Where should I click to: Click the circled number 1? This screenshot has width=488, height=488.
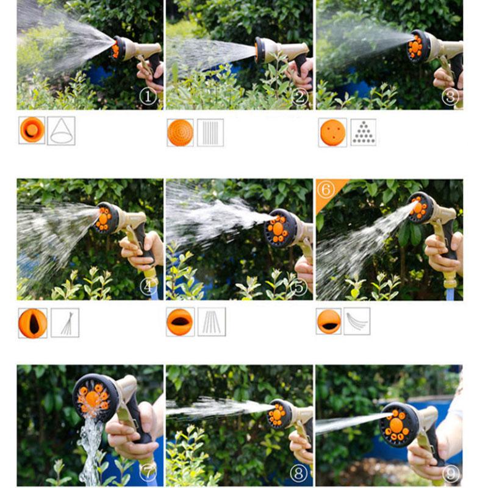[x=148, y=96]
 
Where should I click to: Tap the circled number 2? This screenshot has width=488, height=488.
[x=298, y=96]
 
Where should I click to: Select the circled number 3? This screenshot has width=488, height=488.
[x=450, y=96]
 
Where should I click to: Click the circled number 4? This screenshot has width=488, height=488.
[x=148, y=286]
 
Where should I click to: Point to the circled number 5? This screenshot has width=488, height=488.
[x=298, y=286]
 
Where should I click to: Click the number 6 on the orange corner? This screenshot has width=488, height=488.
[x=326, y=190]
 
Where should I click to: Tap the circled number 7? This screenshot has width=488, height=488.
[x=148, y=473]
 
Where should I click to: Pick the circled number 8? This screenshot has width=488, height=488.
[x=298, y=473]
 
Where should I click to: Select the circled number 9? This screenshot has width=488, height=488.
[x=450, y=473]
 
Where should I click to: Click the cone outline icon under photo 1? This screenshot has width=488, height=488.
[x=61, y=131]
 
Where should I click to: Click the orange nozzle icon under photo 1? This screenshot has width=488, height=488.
[x=32, y=131]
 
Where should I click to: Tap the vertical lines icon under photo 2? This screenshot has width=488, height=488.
[x=210, y=132]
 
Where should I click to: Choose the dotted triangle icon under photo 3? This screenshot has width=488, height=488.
[x=364, y=132]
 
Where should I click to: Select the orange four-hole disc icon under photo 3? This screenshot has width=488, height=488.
[x=332, y=132]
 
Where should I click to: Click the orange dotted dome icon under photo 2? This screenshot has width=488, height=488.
[x=180, y=132]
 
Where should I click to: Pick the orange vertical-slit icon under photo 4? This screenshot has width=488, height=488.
[x=32, y=323]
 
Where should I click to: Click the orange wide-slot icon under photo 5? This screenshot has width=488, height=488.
[x=181, y=321]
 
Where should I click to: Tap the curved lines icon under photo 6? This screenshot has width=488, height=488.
[x=357, y=321]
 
